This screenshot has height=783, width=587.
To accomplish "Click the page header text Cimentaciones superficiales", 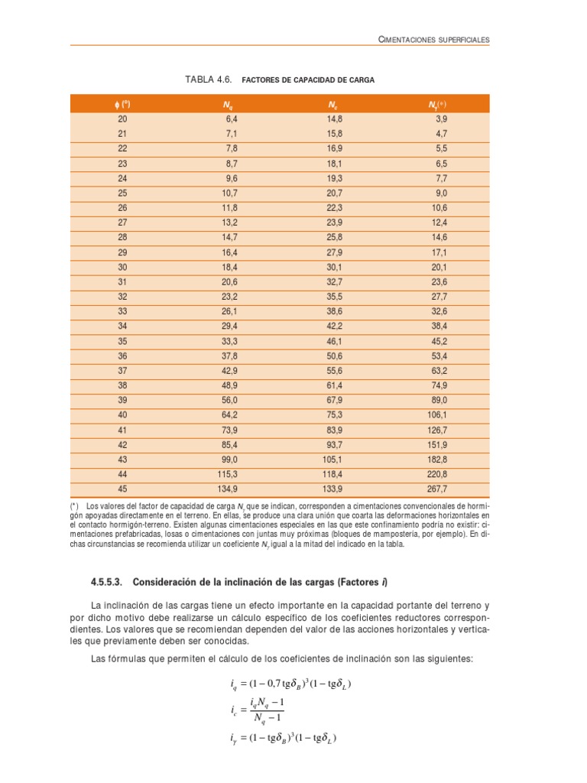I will tap(434, 38).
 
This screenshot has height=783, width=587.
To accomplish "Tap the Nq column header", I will tap(229, 104).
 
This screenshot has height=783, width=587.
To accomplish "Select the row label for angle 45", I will tap(123, 489).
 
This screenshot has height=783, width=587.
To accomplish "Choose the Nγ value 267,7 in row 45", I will tap(435, 489).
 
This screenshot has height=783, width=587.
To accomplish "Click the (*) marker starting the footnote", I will tap(74, 506).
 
